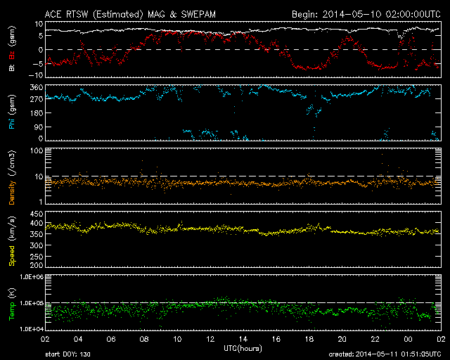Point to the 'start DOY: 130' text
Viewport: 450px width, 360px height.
pyautogui.click(x=67, y=353)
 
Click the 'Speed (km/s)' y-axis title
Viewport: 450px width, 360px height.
pyautogui.click(x=12, y=240)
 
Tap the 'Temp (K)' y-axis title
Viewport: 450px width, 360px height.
pyautogui.click(x=12, y=304)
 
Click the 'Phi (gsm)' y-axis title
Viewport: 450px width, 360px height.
pyautogui.click(x=12, y=115)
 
